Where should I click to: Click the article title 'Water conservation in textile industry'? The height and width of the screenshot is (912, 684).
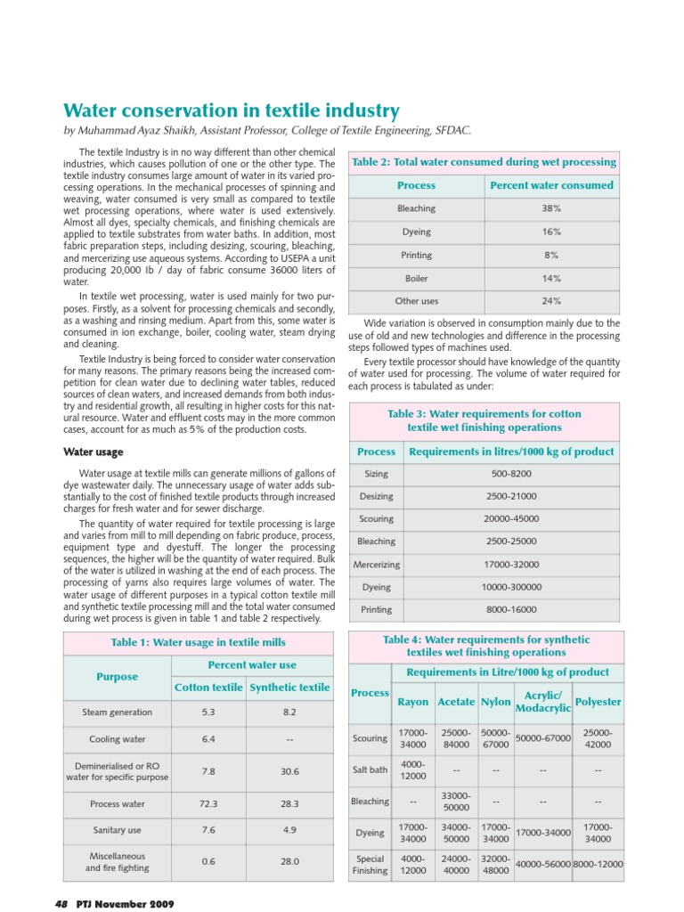[x=231, y=111]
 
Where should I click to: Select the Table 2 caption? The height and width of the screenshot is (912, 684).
[x=484, y=162]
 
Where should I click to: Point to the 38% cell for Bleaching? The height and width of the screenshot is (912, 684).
[x=551, y=208]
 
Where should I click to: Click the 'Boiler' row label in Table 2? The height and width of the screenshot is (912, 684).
[x=416, y=278]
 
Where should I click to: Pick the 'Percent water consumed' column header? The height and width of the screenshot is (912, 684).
[x=551, y=185]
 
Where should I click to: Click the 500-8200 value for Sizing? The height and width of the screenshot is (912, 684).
[x=511, y=475]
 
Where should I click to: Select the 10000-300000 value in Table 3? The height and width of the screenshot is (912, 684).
[x=511, y=587]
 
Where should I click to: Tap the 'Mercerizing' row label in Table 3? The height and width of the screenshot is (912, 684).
[x=376, y=565]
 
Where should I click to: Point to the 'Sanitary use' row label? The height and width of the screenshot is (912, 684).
[x=117, y=829]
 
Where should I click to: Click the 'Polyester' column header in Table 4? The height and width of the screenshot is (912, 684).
[x=598, y=702]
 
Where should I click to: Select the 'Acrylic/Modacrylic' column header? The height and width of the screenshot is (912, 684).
[x=542, y=702]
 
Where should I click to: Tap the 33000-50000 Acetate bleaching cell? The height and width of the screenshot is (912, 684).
[x=456, y=802]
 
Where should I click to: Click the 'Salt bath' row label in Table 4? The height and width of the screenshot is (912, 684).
[x=370, y=770]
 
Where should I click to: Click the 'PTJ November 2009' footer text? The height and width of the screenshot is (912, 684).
[x=124, y=903]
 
